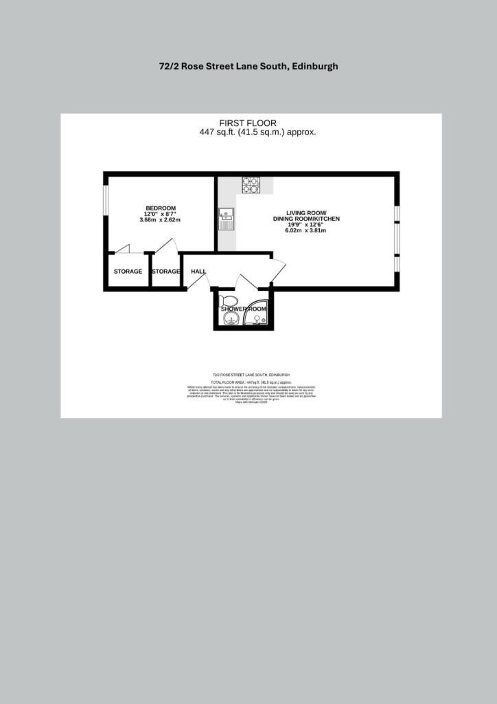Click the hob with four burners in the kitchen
pyautogui.click(x=250, y=184)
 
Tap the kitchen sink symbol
pyautogui.click(x=226, y=219)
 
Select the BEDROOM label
pyautogui.click(x=161, y=208)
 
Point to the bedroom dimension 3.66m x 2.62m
pyautogui.click(x=160, y=220)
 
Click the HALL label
pyautogui.click(x=198, y=272)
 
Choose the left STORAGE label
pyautogui.click(x=128, y=272)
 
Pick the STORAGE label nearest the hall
pyautogui.click(x=165, y=272)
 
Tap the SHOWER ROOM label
pyautogui.click(x=243, y=309)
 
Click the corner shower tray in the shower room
pyautogui.click(x=261, y=313)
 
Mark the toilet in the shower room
pyautogui.click(x=227, y=301)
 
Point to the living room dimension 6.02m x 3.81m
pyautogui.click(x=305, y=230)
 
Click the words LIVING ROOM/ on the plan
pyautogui.click(x=306, y=212)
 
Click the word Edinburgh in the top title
pyautogui.click(x=314, y=67)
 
